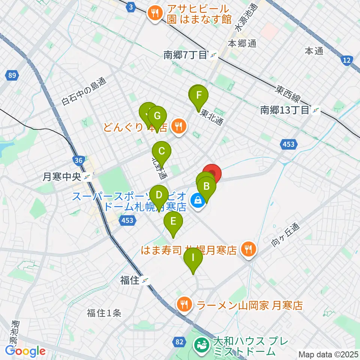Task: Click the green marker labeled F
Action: [199, 94]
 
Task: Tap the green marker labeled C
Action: [162, 152]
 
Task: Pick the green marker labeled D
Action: [159, 195]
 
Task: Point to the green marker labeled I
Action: [193, 258]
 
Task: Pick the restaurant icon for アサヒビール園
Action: [155, 14]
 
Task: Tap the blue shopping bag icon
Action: [198, 200]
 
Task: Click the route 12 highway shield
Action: [347, 60]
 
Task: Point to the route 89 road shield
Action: [12, 76]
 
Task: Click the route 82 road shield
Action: [179, 342]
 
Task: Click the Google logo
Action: [25, 351]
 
